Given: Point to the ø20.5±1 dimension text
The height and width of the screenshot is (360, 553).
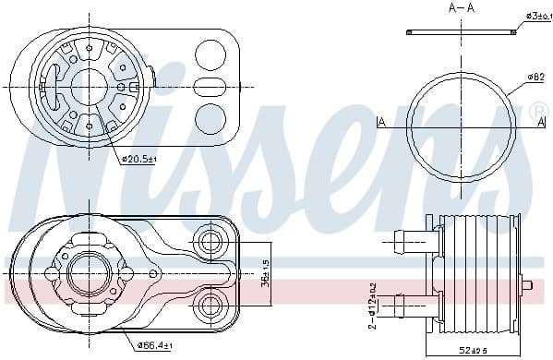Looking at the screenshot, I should pyautogui.click(x=139, y=159).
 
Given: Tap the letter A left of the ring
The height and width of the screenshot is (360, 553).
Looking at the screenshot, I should pyautogui.click(x=381, y=122).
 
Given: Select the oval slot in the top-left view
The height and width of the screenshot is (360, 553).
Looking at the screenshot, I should pyautogui.click(x=209, y=87).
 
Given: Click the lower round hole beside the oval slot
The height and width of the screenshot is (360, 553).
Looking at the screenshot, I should pyautogui.click(x=212, y=117).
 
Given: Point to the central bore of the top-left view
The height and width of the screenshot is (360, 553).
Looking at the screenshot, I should pyautogui.click(x=90, y=85).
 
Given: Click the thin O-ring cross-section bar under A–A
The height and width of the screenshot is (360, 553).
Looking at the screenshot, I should pyautogui.click(x=461, y=32).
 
